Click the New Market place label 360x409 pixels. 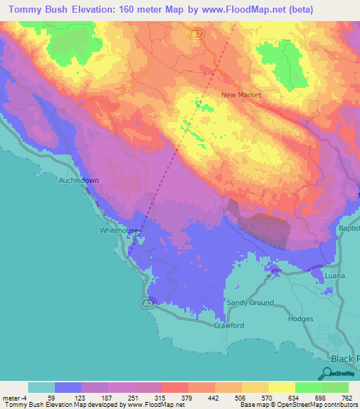tap(241, 95)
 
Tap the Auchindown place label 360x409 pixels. tap(78, 181)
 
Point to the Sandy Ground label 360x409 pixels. tap(250, 303)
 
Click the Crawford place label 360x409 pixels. tap(229, 326)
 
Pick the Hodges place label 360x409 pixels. tap(301, 319)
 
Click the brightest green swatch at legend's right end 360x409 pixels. tap(335, 387)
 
